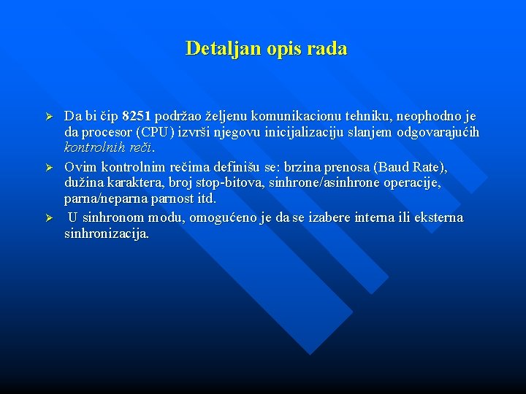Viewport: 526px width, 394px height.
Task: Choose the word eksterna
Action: tap(438, 218)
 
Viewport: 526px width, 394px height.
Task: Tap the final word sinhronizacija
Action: tap(107, 234)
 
